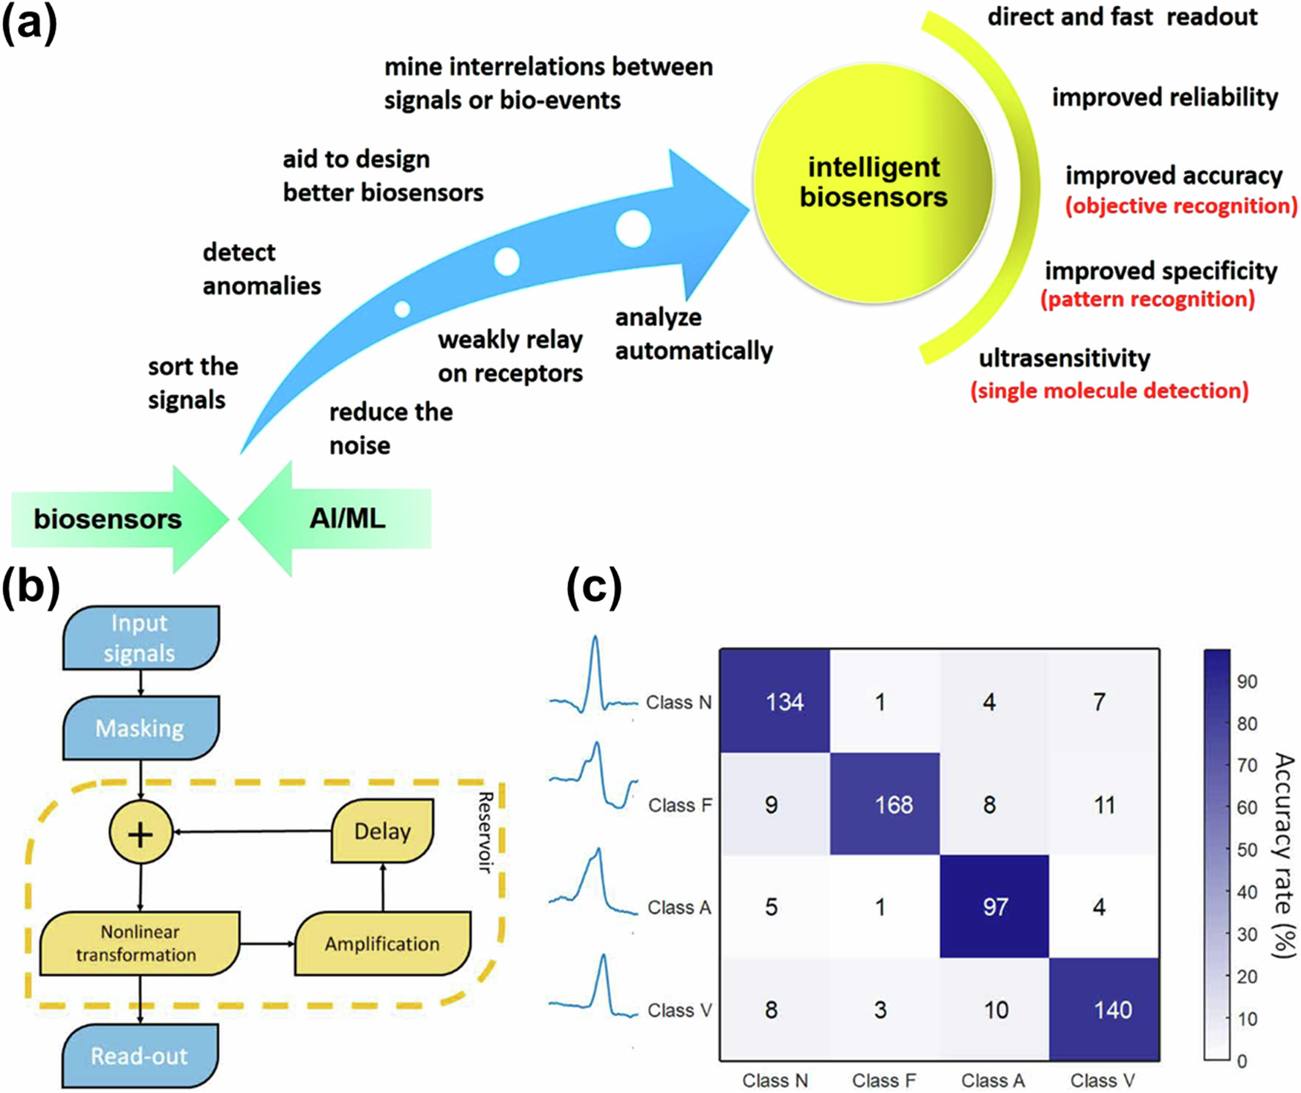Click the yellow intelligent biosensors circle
point(873,183)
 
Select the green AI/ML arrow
point(346,519)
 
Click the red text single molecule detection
point(1109,391)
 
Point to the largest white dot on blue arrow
point(633,228)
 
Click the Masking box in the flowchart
point(141,728)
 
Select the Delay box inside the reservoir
point(382,831)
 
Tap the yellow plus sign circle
point(141,834)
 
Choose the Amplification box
point(382,944)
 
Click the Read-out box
point(139,1055)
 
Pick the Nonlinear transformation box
point(138,943)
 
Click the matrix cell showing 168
point(892,805)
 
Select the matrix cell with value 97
point(995,906)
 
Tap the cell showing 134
point(784,702)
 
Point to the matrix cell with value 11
point(1104,805)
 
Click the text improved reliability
point(1164,97)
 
